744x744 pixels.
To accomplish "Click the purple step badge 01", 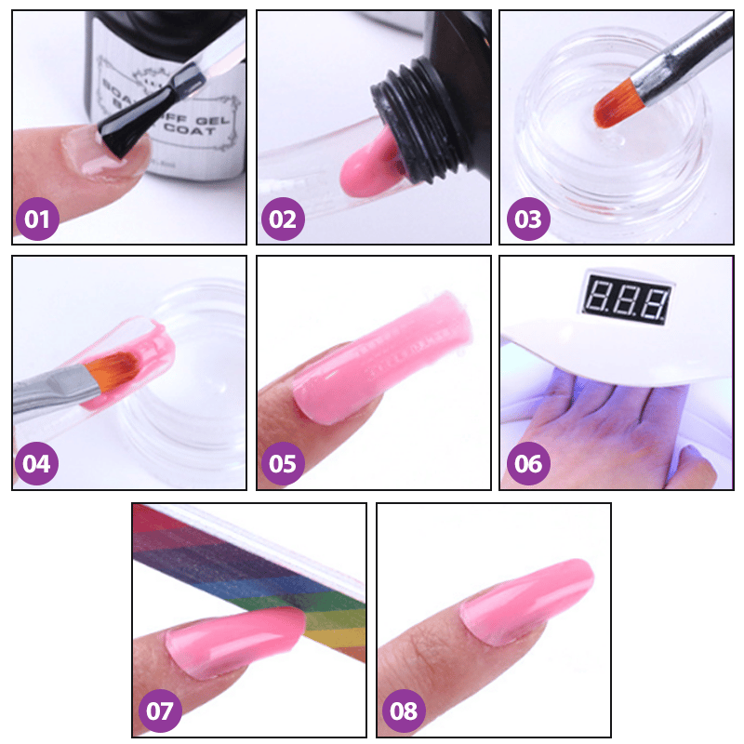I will (37, 219).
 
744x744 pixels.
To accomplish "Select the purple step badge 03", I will (527, 219).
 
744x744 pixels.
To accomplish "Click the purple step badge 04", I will (37, 463).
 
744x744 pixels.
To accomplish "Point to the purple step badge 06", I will (527, 463).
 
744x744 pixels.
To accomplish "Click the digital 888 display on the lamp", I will (624, 299).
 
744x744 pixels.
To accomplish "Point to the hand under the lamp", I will (595, 428).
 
